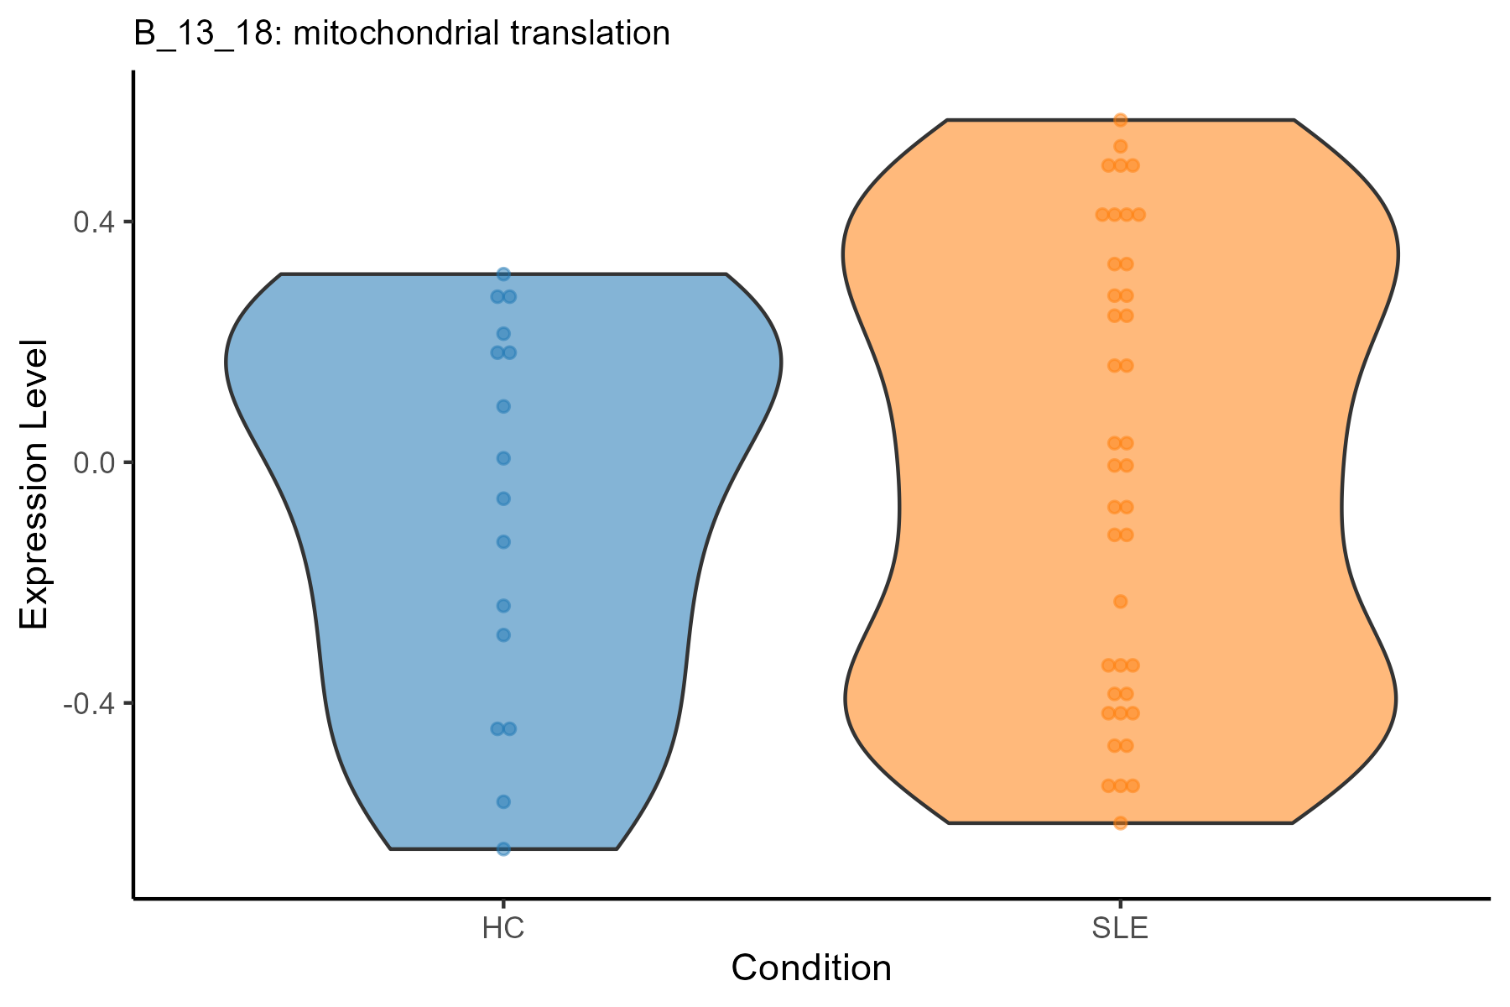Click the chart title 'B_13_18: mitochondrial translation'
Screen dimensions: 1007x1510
click(402, 34)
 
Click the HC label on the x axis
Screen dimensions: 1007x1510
click(503, 929)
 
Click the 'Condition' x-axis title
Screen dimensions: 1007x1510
click(811, 968)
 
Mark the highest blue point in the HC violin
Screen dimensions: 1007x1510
click(503, 274)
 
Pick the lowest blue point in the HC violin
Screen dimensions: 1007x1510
click(503, 849)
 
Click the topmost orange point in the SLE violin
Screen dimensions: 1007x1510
click(1120, 120)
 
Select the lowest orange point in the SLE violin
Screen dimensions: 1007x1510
click(1120, 822)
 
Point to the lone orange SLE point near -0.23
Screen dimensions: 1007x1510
click(1120, 602)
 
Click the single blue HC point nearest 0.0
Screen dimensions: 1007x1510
click(503, 458)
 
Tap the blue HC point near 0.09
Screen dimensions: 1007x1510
click(503, 407)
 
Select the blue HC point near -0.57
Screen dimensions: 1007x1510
click(503, 802)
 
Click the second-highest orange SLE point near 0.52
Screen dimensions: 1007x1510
click(1120, 147)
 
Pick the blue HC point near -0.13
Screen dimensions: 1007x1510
click(503, 542)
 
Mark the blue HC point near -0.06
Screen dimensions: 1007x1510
click(503, 499)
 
